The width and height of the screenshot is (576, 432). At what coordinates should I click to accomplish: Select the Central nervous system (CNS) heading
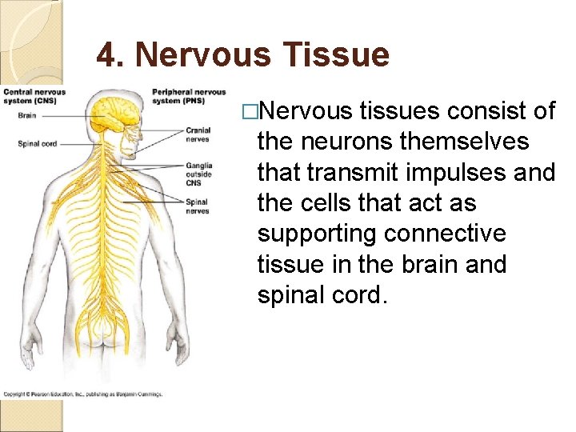tap(34, 97)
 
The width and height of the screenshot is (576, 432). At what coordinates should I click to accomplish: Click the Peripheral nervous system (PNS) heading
tap(188, 96)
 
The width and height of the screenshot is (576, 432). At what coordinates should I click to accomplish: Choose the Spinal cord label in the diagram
tap(37, 144)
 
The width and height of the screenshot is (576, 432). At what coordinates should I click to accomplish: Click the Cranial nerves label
tap(198, 134)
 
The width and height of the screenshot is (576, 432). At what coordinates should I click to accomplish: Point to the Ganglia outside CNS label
tap(198, 174)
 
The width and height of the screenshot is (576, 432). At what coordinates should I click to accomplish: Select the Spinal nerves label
tap(197, 207)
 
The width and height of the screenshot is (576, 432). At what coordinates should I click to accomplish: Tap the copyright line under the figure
tap(83, 394)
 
